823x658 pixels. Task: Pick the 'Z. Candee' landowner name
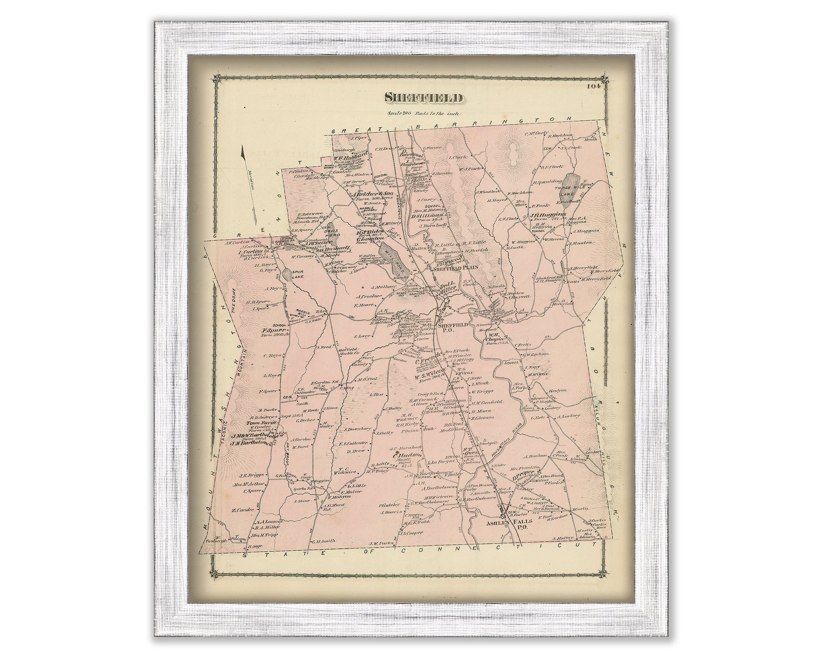[x=243, y=510]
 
